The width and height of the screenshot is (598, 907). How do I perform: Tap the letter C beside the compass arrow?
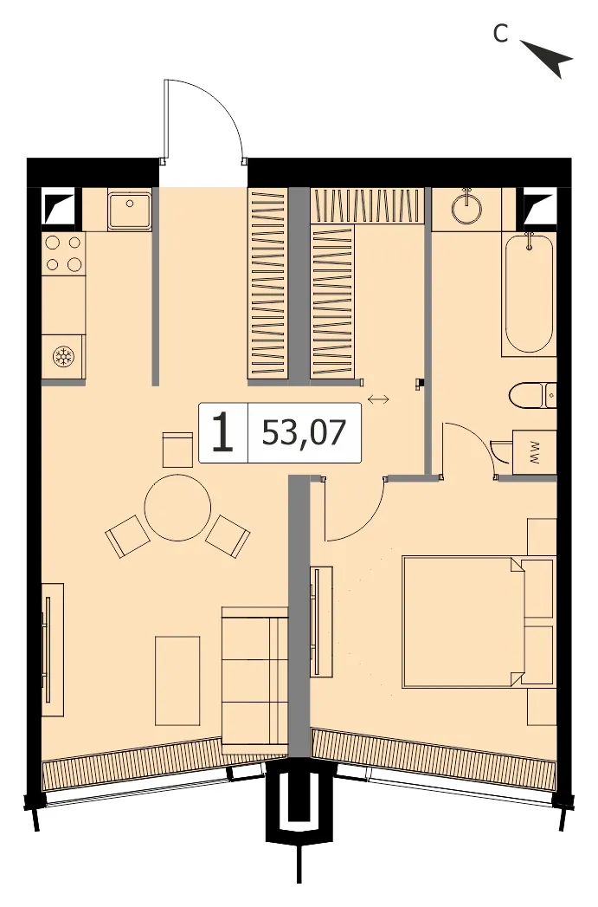click(x=500, y=34)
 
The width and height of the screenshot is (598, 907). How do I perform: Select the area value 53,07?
click(x=304, y=432)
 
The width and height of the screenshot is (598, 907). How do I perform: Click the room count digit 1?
click(x=222, y=432)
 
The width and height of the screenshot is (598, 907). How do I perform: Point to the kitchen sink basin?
click(x=130, y=211)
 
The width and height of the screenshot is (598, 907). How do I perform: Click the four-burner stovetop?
click(x=64, y=253)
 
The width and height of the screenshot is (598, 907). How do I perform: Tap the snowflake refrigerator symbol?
click(x=62, y=356)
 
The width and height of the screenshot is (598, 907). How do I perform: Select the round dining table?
click(x=177, y=508)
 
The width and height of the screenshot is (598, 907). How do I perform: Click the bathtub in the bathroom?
click(x=528, y=295)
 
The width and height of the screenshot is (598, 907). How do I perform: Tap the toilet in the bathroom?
click(x=533, y=395)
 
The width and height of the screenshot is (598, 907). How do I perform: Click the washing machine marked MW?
click(x=534, y=452)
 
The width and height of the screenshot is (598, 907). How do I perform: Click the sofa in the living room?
click(x=254, y=681)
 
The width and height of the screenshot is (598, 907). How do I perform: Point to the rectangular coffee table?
click(x=177, y=681)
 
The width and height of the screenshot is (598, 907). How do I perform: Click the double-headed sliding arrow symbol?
click(x=378, y=399)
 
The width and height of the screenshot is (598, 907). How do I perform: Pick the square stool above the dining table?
click(x=177, y=450)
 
